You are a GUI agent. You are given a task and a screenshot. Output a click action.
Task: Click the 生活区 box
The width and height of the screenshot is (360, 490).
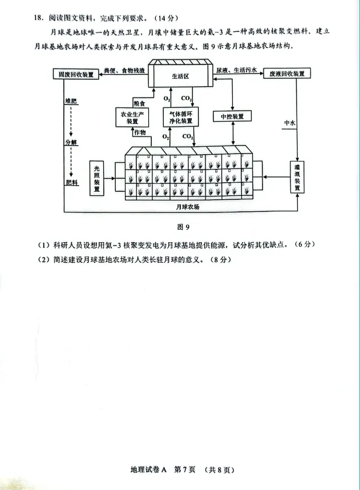[183, 76]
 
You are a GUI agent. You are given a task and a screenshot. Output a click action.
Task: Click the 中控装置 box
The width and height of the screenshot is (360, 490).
[232, 117]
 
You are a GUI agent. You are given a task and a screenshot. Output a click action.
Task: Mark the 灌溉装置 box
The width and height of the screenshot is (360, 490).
[297, 177]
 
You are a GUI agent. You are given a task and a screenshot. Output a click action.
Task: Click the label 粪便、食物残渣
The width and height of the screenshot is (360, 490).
[125, 70]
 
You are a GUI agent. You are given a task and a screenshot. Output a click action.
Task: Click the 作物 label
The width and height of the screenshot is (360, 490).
[140, 132]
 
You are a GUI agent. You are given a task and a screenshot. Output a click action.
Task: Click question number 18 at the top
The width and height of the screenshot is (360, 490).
[38, 17]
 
